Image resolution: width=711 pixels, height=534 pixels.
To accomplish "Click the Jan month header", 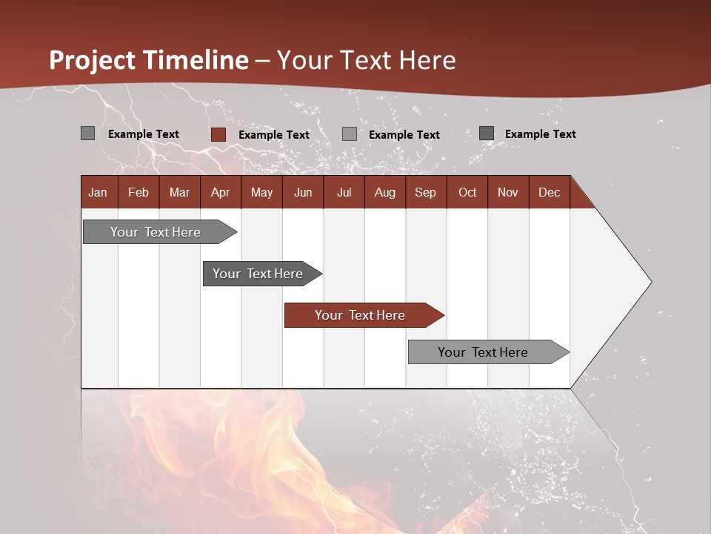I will click(x=98, y=192).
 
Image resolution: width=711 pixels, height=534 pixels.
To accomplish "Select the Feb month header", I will click(x=138, y=192).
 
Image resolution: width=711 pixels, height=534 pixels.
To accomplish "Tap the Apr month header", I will click(x=220, y=192).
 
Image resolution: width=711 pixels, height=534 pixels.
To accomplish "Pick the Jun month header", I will click(x=303, y=192).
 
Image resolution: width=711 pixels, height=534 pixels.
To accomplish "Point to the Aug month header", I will click(x=384, y=192).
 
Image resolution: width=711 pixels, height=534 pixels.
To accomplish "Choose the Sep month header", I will click(x=425, y=192).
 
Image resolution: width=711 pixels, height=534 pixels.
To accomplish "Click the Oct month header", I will click(x=467, y=192).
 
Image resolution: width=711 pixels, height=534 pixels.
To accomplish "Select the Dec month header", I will click(x=549, y=192).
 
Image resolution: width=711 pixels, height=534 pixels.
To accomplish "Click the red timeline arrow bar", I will click(x=363, y=315).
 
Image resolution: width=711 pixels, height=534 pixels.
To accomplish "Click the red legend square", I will click(x=218, y=134).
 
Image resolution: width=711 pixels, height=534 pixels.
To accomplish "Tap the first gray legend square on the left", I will click(x=87, y=133).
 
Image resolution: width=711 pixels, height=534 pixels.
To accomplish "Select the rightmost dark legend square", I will click(x=487, y=133).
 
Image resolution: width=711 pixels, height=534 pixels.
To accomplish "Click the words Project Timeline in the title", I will click(x=148, y=60).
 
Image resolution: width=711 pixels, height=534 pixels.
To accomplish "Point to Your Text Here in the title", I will click(x=366, y=60).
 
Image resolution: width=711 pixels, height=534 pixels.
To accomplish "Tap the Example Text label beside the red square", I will click(x=273, y=135).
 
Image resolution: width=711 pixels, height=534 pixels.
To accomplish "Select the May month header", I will click(x=261, y=192).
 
